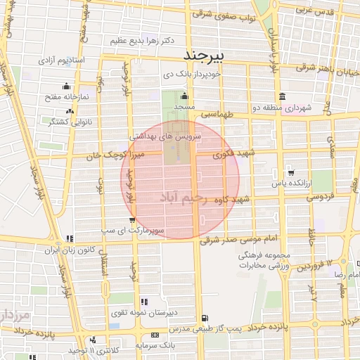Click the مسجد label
coord(185,105)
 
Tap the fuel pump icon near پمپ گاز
coord(204,319)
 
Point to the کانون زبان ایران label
coord(70,250)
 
